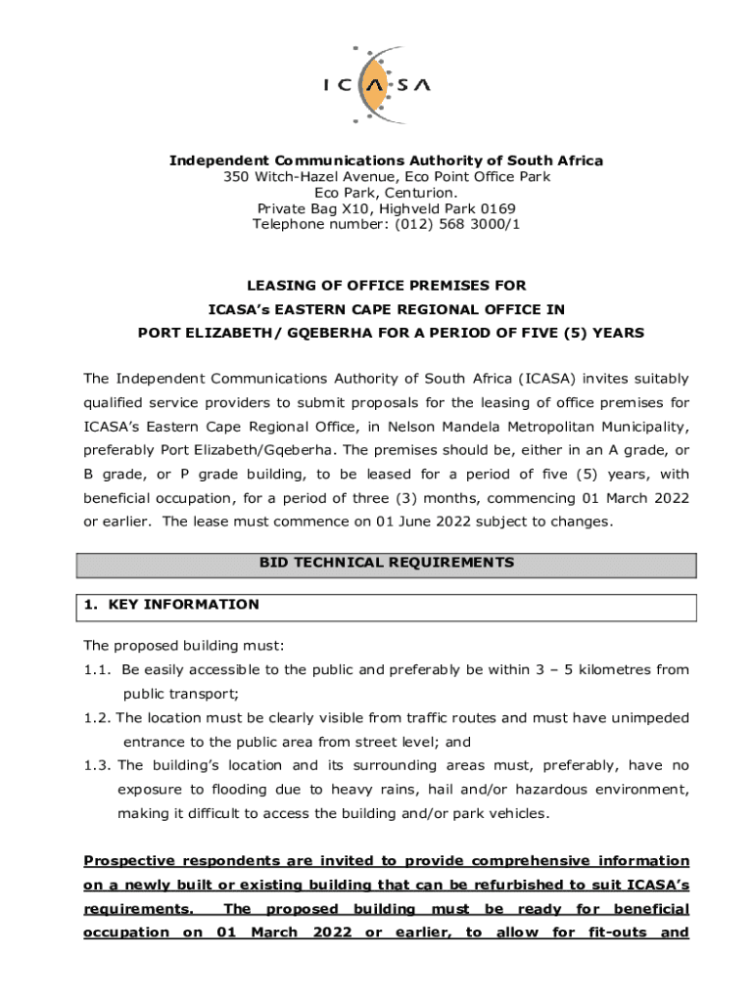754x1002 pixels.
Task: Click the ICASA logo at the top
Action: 377,84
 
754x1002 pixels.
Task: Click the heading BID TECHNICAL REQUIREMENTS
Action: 386,563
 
